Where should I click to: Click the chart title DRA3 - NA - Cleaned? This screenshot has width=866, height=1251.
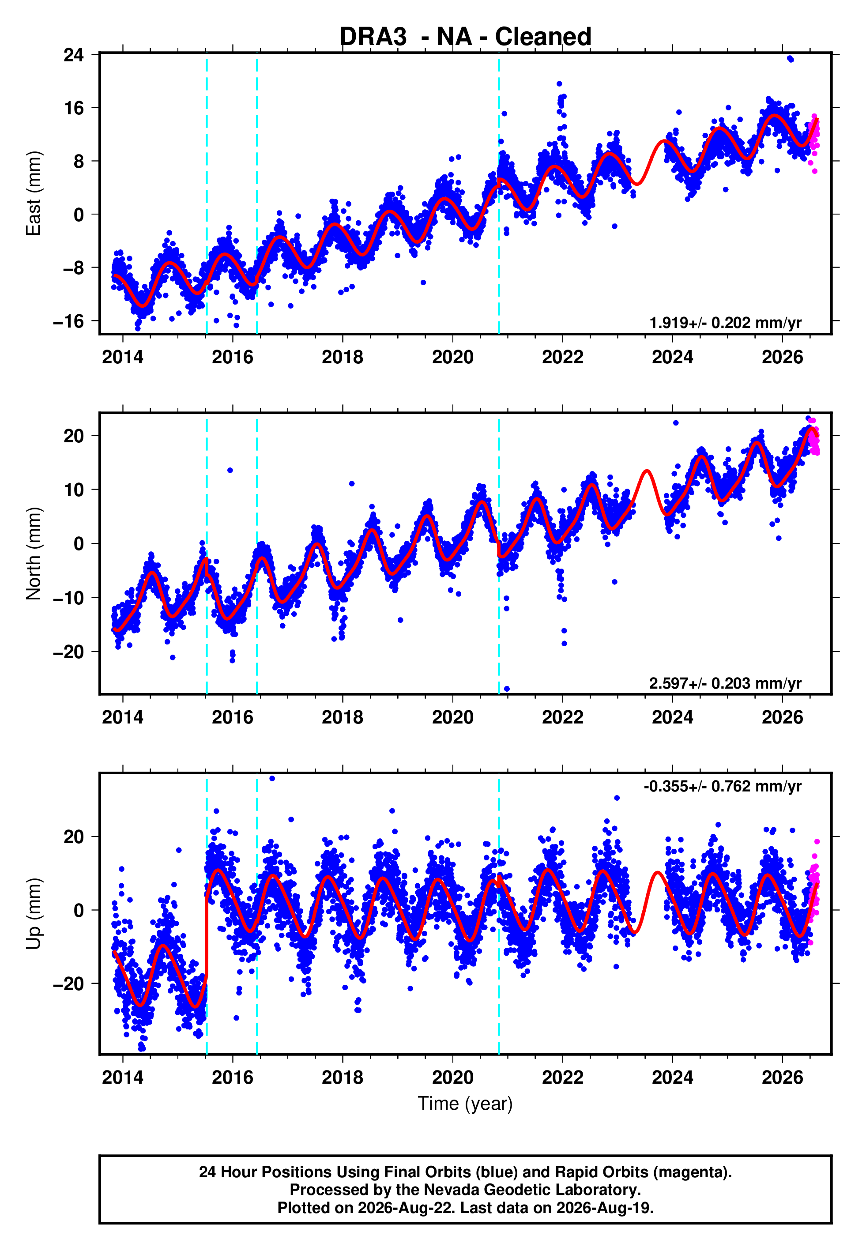point(465,37)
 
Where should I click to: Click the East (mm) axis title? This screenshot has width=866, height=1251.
point(34,193)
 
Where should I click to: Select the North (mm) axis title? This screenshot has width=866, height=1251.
point(34,554)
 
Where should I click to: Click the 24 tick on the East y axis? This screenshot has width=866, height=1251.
point(74,55)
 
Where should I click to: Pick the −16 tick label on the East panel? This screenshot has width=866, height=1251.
point(69,321)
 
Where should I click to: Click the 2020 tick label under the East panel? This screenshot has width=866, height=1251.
point(452,357)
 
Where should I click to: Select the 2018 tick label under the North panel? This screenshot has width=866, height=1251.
point(343,717)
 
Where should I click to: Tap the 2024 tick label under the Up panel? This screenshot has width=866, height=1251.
point(672,1078)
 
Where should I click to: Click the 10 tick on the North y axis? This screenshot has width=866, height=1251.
point(74,490)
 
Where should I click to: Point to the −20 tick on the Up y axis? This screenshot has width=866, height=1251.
point(69,983)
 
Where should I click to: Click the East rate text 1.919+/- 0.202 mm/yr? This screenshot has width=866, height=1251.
point(726,323)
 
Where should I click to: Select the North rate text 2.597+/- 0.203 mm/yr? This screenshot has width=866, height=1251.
point(726,683)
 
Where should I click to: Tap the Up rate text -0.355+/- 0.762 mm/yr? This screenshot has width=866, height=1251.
point(723,786)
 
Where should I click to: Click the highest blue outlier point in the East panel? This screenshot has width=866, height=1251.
point(790,59)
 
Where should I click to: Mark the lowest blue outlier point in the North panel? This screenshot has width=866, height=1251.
point(507,689)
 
